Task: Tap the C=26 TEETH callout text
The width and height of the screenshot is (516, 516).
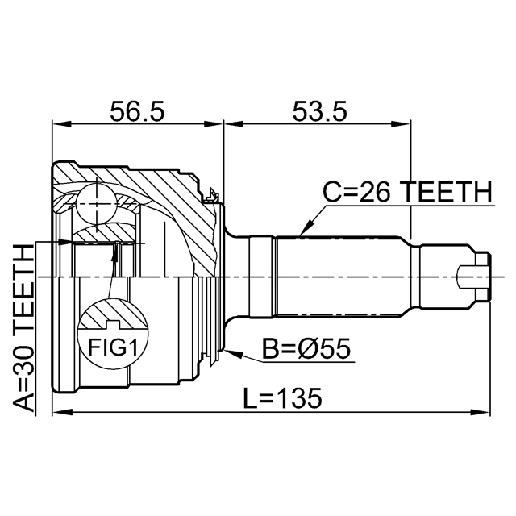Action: (406, 193)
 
